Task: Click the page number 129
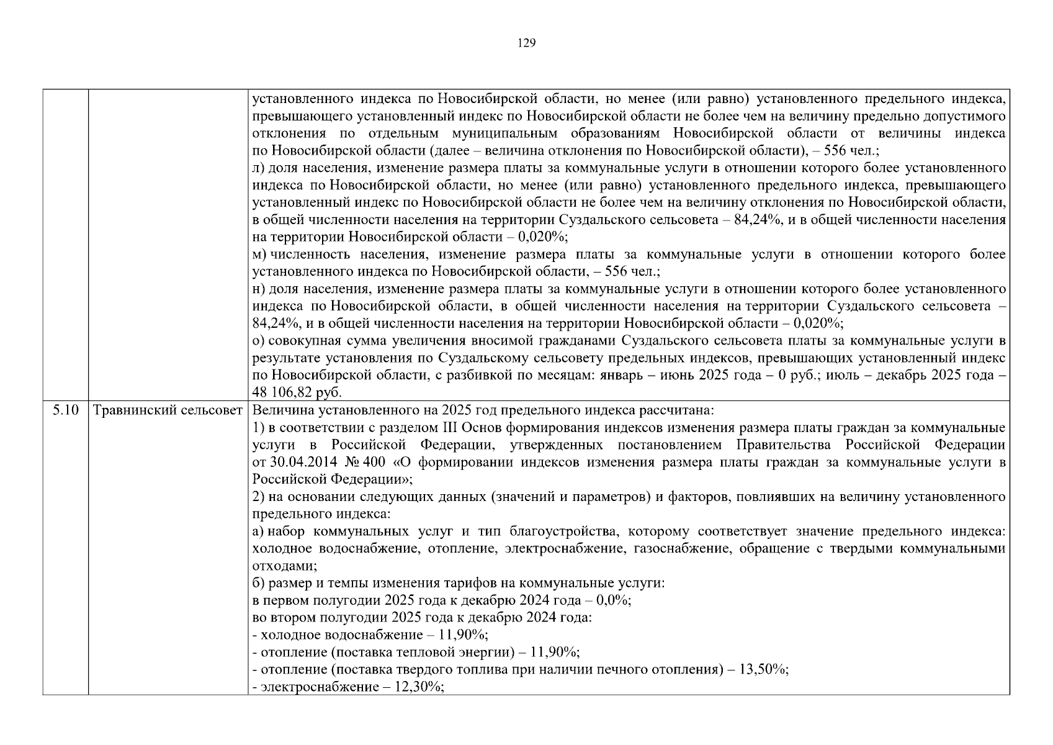click(x=526, y=43)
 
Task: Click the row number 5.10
click(x=65, y=410)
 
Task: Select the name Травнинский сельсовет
click(x=168, y=410)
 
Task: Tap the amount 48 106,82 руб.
click(x=297, y=393)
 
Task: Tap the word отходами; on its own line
click(x=285, y=566)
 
